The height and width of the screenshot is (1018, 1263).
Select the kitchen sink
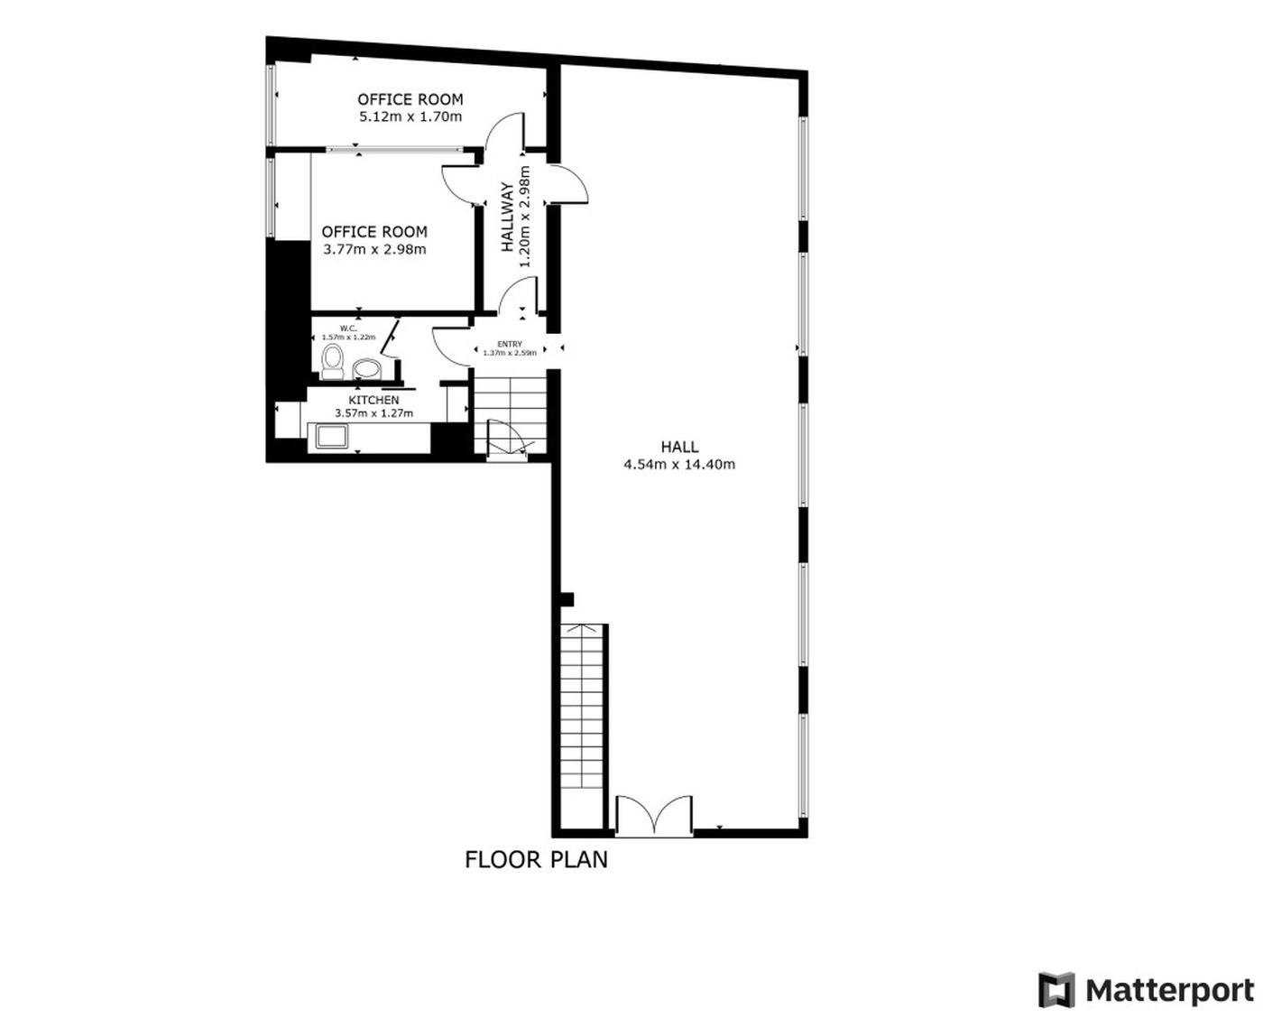point(332,438)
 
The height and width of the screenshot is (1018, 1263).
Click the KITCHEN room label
point(373,400)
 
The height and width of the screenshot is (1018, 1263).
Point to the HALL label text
point(679,447)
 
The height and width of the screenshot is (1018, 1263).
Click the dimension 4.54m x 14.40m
point(679,465)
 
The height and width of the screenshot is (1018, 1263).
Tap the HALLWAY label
point(507,217)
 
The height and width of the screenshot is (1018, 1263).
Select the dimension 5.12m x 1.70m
point(410,116)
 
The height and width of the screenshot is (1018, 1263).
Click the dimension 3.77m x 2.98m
point(374,249)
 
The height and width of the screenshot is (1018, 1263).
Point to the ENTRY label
point(510,344)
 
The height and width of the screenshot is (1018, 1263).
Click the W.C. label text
point(348,329)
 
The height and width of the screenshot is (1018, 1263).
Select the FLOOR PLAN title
point(536,859)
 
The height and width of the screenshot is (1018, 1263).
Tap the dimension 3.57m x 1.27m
point(373,413)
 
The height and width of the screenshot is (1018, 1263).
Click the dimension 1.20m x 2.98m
point(525,217)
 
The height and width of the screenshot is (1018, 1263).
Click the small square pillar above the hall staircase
point(567,599)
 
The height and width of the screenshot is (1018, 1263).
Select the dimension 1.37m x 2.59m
point(510,353)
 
